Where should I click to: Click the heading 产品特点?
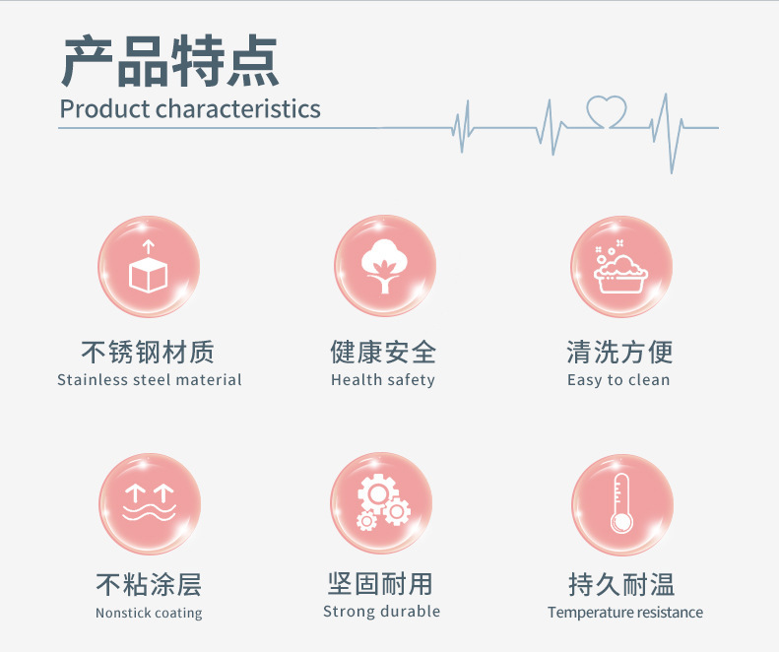(169, 61)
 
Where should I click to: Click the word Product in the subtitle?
(104, 108)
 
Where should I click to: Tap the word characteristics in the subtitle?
(238, 108)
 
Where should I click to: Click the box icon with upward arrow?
(148, 267)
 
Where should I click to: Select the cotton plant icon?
(384, 266)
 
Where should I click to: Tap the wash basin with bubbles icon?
(620, 266)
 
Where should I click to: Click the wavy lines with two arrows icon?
(149, 503)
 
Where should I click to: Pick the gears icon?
(383, 502)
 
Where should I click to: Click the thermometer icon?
(621, 503)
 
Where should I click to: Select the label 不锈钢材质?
(148, 352)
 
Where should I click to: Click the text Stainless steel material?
(150, 379)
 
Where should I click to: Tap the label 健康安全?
(383, 352)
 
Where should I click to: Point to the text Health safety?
(383, 380)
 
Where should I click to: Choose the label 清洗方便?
(620, 352)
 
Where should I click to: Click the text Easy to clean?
(618, 380)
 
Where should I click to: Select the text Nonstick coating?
(149, 613)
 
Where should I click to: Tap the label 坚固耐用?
(380, 584)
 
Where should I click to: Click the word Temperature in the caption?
(590, 613)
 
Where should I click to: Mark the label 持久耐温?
(622, 584)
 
